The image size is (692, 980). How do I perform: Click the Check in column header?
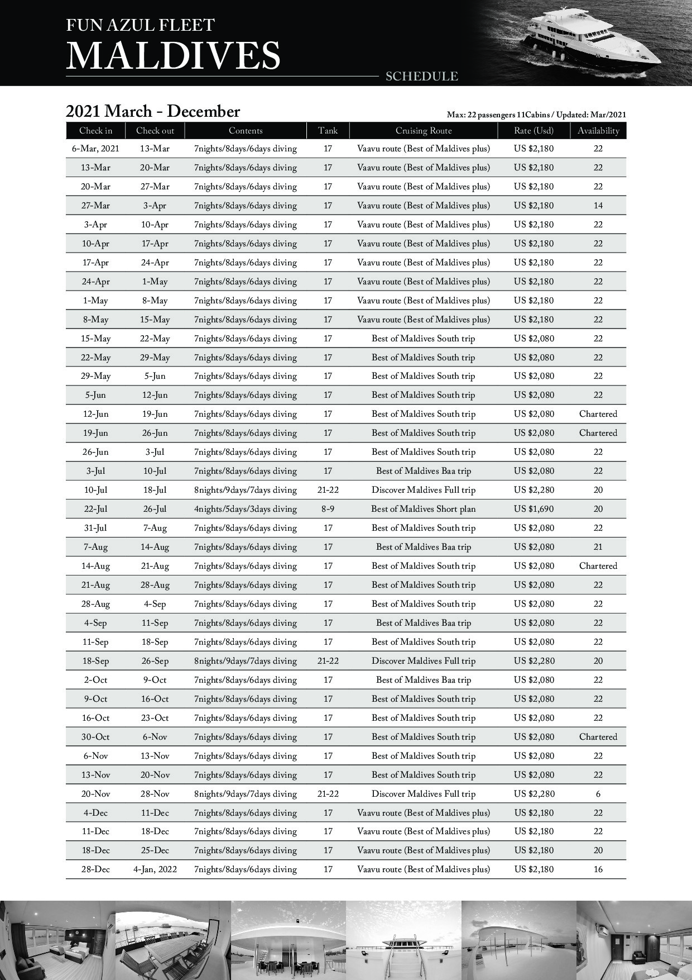[95, 131]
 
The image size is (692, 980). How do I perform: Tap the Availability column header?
[598, 131]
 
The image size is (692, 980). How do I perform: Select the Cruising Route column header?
[424, 131]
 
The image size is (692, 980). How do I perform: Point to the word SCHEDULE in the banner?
[422, 77]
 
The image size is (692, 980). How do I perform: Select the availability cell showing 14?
[598, 206]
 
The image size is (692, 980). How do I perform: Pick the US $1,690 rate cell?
[534, 509]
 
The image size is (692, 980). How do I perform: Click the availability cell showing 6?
[598, 794]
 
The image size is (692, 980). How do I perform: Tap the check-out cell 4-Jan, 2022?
[155, 869]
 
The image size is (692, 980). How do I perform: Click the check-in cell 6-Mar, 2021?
[95, 149]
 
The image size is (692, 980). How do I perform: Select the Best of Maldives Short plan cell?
[424, 509]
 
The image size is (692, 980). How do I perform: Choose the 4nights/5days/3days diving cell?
[246, 509]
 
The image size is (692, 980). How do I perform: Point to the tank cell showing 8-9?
[328, 509]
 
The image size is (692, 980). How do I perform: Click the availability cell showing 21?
[598, 547]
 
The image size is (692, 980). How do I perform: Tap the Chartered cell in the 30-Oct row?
[598, 737]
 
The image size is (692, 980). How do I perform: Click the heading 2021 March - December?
[153, 112]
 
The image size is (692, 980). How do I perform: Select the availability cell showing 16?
[598, 869]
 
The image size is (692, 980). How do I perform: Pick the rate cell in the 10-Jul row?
[534, 490]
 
